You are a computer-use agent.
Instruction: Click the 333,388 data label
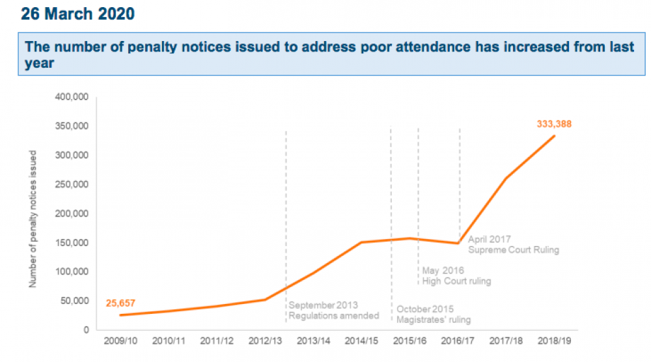click(x=554, y=123)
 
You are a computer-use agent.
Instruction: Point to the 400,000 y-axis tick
click(x=72, y=97)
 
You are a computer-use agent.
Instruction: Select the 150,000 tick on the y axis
click(x=72, y=243)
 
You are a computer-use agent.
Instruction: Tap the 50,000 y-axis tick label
click(x=74, y=301)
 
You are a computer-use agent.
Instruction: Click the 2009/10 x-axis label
click(x=120, y=340)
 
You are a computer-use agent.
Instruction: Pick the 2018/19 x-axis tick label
click(x=554, y=340)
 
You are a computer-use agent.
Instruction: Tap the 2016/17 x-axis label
click(x=458, y=340)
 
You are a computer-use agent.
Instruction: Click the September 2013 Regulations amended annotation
click(x=333, y=311)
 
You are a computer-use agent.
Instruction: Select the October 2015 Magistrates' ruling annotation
click(x=433, y=314)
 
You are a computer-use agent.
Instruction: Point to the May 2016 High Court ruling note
click(x=456, y=275)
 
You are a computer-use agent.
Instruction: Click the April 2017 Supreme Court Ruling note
click(x=514, y=245)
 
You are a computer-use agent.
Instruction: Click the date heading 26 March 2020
click(x=78, y=14)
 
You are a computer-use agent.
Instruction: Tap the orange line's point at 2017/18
click(x=506, y=178)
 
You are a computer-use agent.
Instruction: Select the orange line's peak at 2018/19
click(x=554, y=135)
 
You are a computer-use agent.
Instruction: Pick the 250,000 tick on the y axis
click(x=72, y=184)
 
